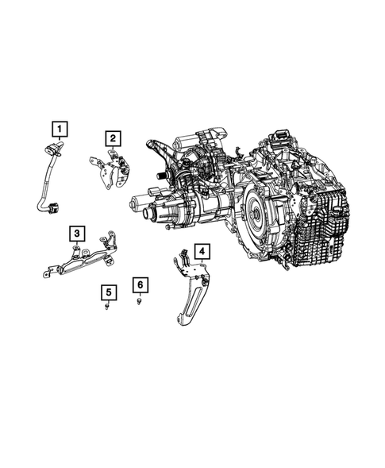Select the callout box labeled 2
114,139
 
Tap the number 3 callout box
76,233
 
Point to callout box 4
203,253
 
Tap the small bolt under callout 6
140,303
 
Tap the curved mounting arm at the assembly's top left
156,149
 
